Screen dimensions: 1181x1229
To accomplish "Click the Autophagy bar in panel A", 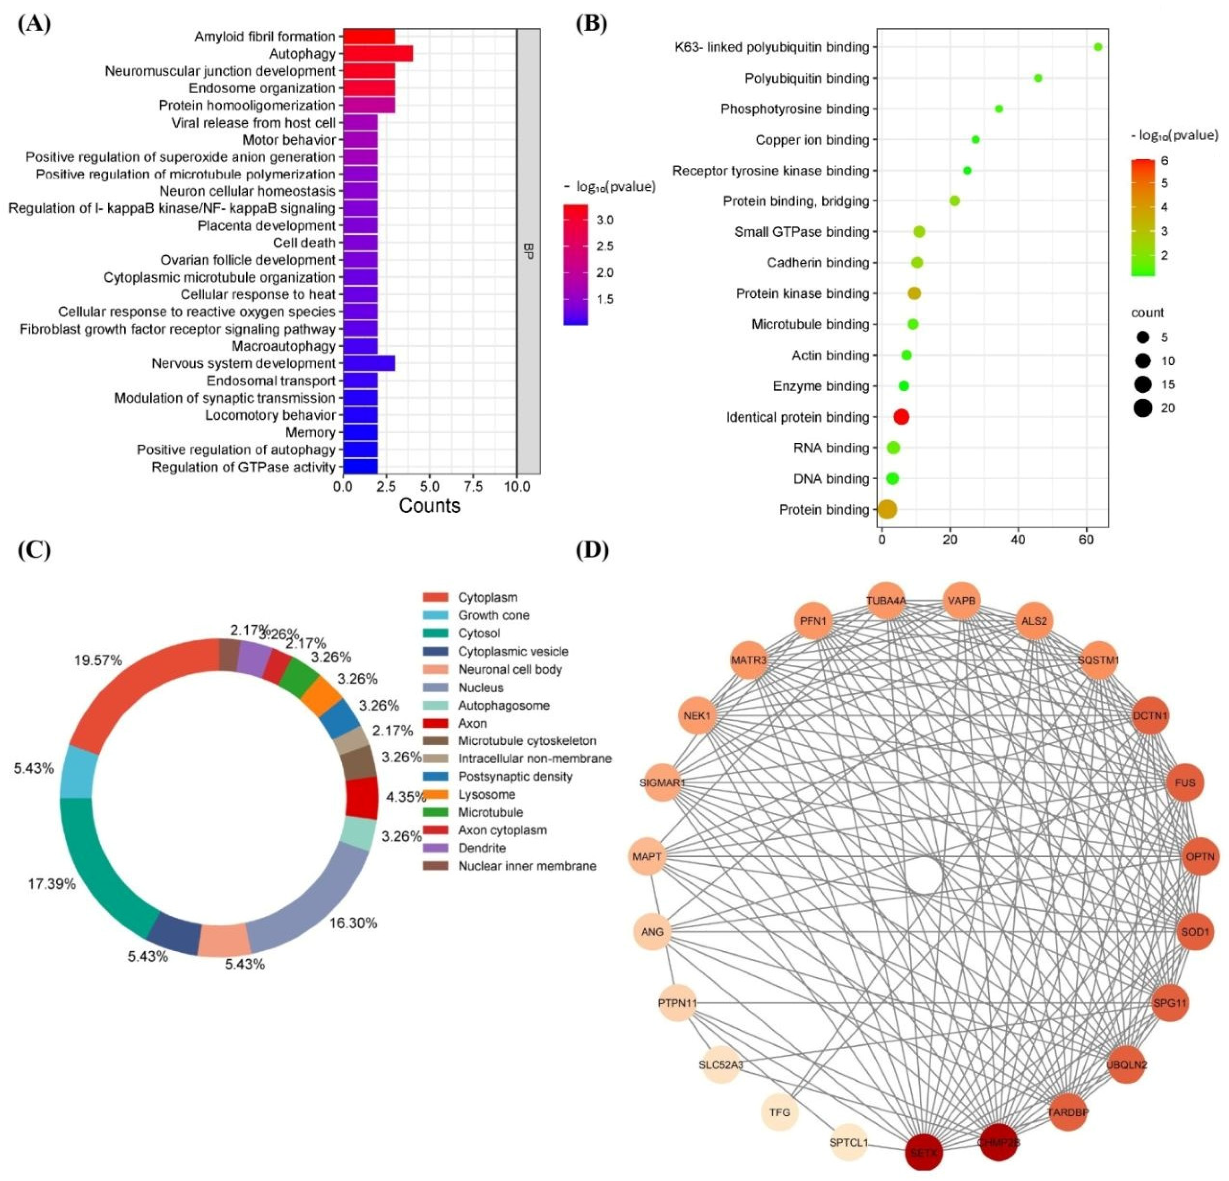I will (378, 54).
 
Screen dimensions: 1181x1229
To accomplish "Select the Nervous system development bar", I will (369, 364).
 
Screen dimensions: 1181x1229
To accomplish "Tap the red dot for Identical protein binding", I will (901, 417).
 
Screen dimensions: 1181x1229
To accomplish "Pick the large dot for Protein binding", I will (887, 510).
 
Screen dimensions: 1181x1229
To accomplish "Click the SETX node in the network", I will (923, 1152).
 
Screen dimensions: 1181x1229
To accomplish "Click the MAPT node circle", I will (647, 856).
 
